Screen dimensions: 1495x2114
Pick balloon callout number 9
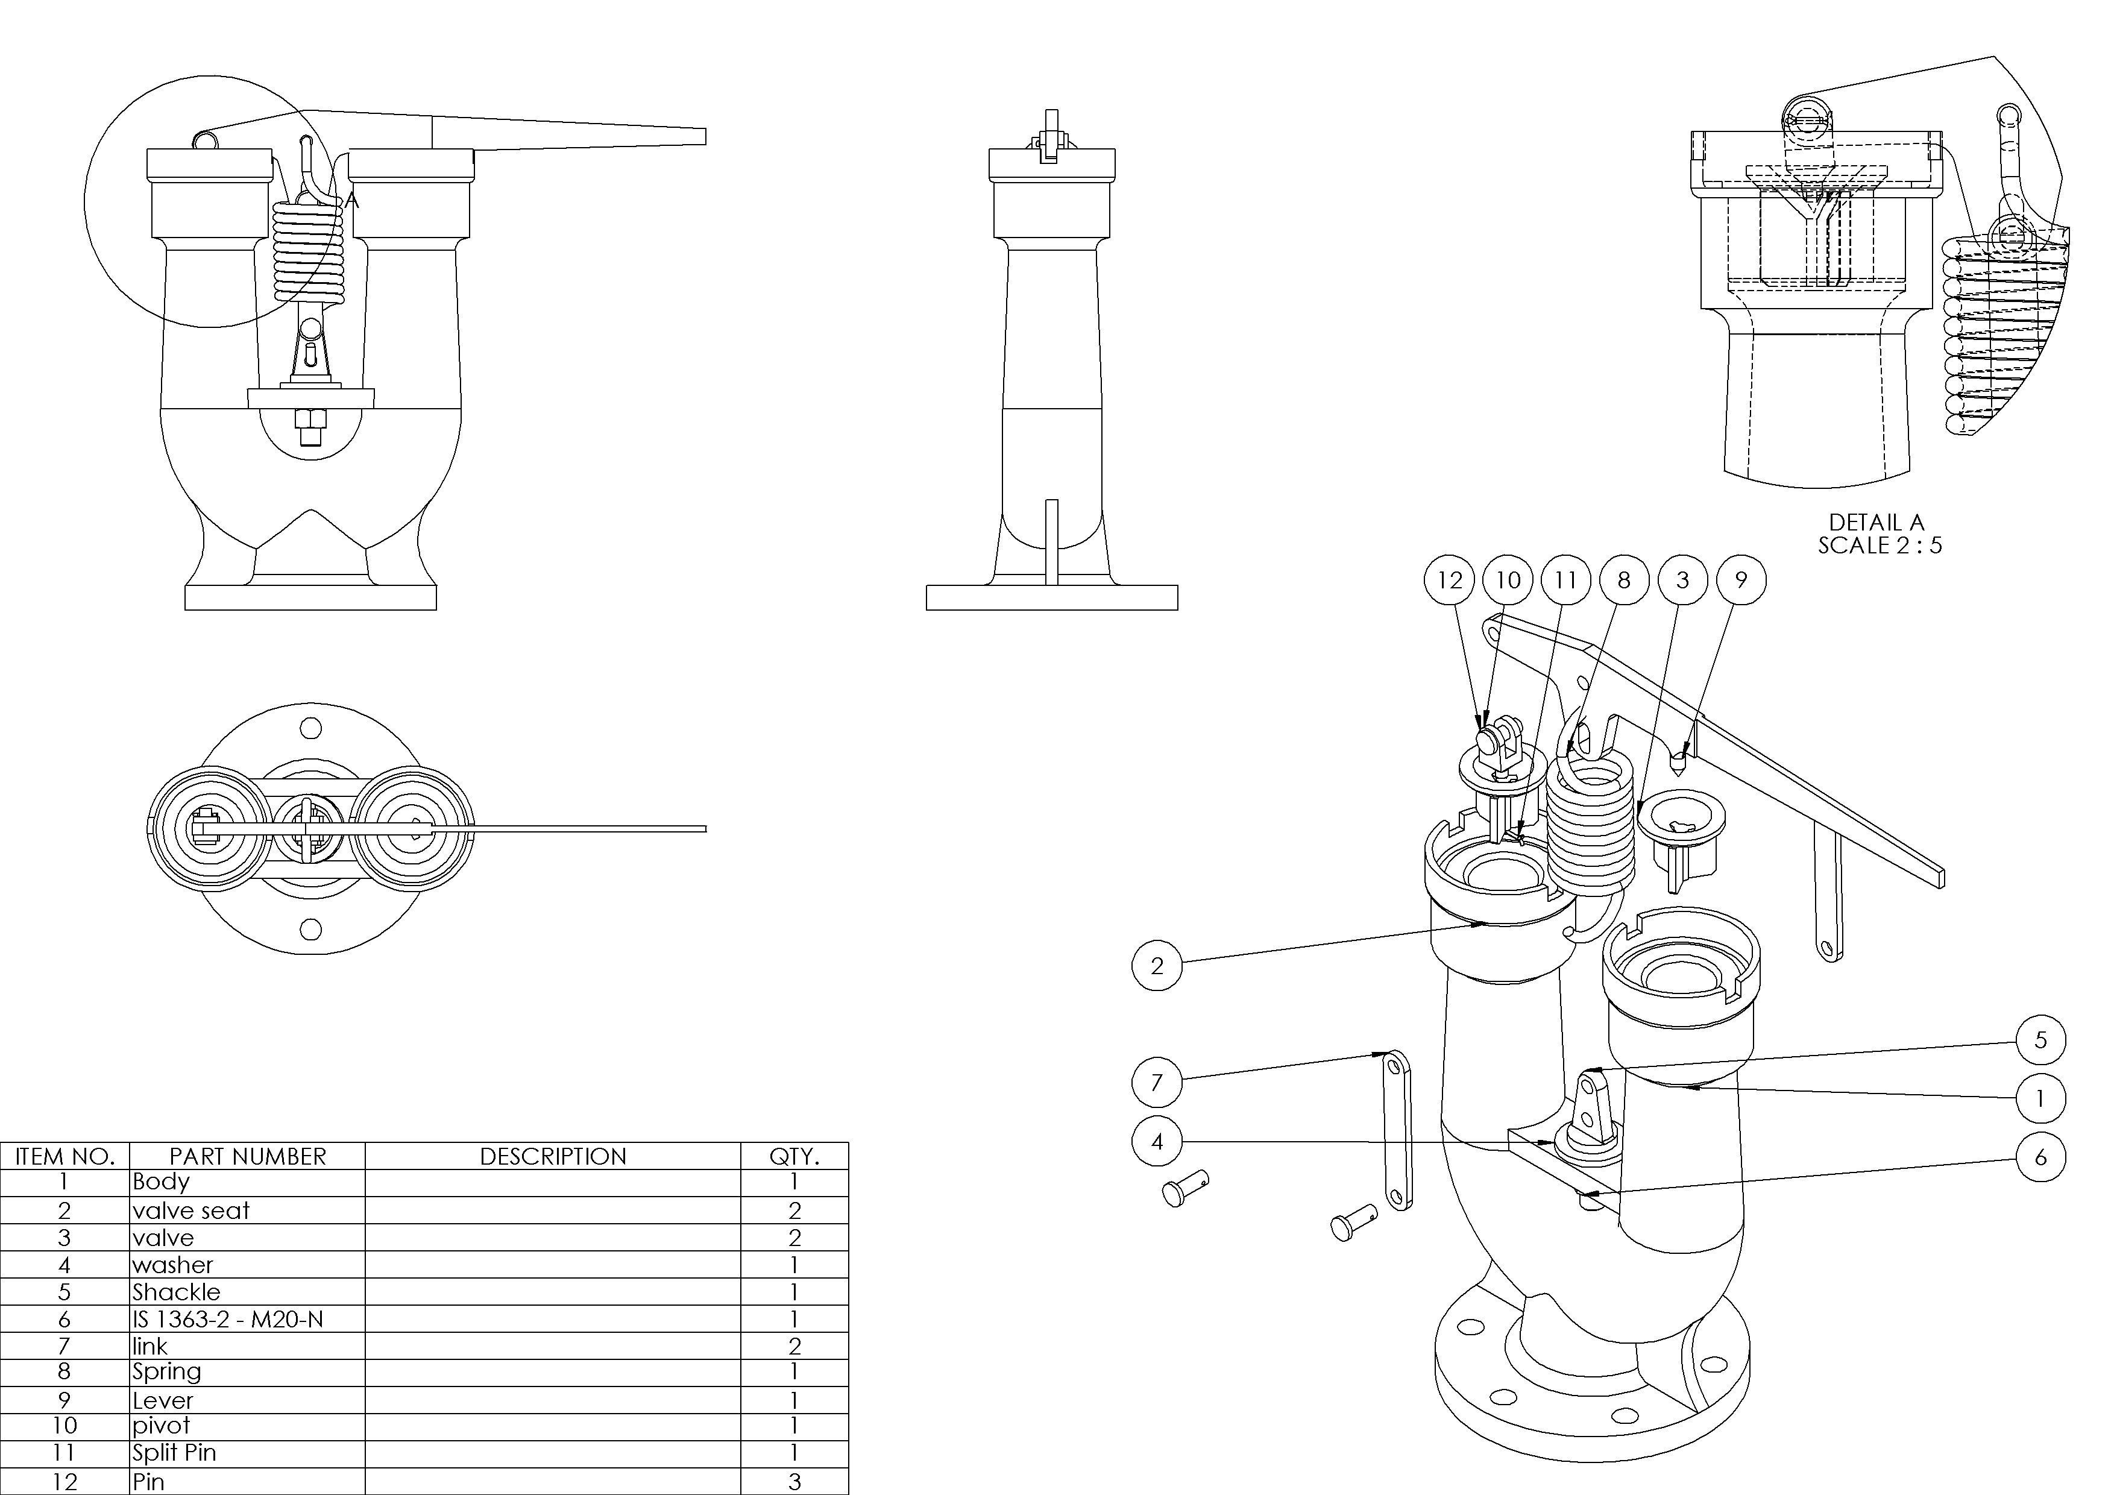1740,580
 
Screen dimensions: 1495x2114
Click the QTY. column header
794,1156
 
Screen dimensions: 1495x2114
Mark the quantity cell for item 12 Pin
794,1481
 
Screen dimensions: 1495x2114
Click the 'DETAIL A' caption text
1876,522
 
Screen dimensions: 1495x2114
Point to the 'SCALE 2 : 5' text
1880,545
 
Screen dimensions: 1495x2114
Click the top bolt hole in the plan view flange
311,729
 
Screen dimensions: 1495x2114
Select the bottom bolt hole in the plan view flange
311,929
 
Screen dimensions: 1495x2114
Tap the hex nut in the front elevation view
310,423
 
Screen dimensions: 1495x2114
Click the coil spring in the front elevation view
309,253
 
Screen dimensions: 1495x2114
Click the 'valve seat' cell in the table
190,1210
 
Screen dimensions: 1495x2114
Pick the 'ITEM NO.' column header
64,1156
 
